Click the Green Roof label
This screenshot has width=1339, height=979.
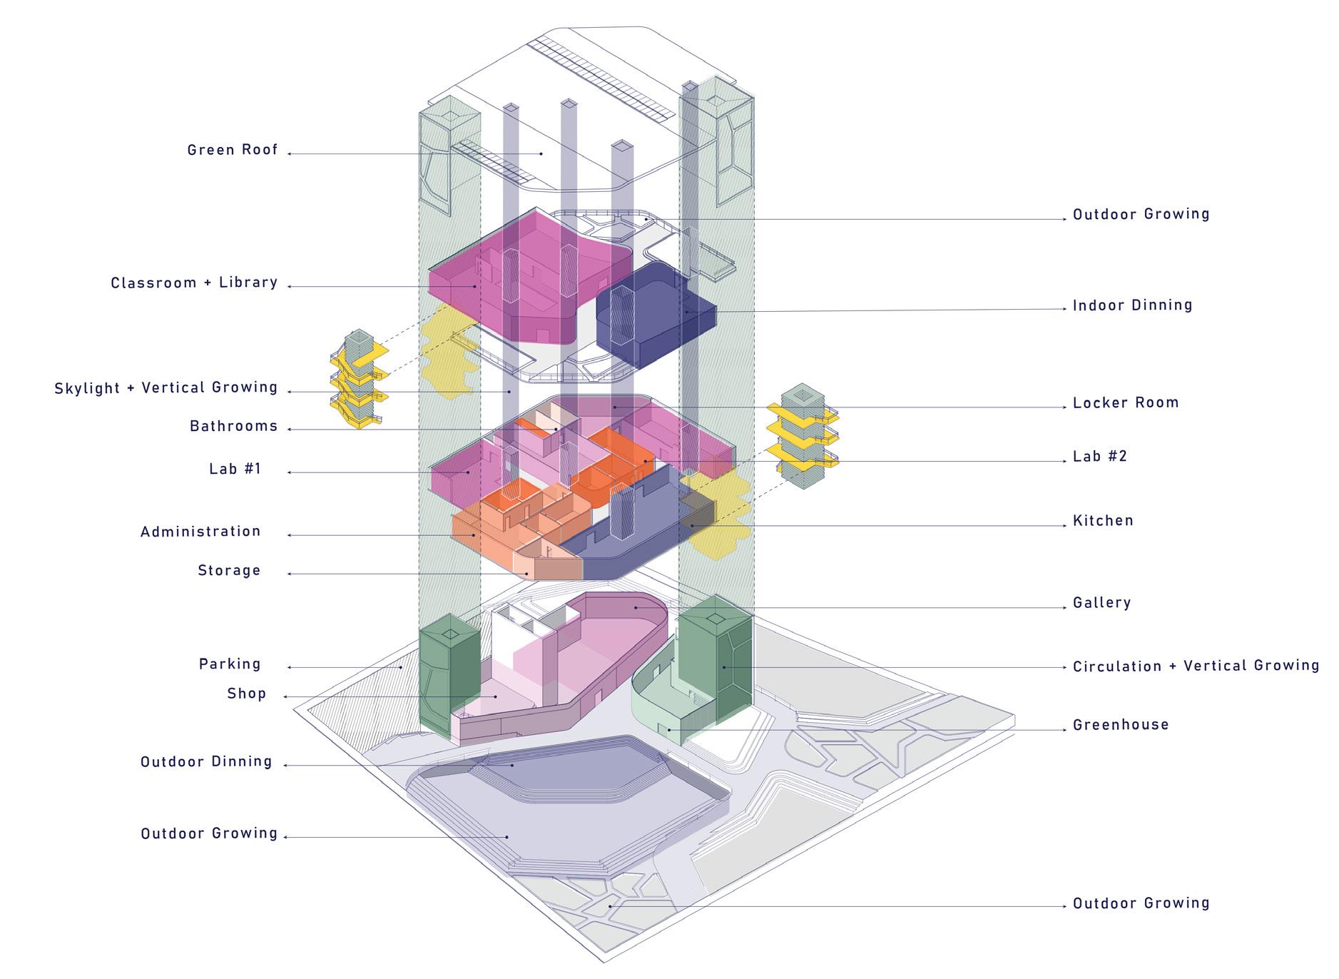[232, 151]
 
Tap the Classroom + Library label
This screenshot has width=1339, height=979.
[194, 283]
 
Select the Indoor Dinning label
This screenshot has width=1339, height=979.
[1132, 305]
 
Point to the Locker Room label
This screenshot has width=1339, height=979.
[1125, 402]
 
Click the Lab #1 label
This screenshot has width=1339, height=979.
[235, 469]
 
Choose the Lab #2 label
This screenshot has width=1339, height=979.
[1099, 457]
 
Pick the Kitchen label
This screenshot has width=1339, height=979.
[1103, 521]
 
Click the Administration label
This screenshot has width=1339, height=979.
[200, 532]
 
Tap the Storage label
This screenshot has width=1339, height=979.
[229, 571]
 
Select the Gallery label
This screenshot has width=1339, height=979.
[1101, 603]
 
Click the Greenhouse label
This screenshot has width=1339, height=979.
[1120, 725]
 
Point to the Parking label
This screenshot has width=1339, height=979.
[230, 664]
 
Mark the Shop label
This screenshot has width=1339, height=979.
[246, 694]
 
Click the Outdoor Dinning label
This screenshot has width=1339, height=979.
[206, 762]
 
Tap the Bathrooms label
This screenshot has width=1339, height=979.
[233, 427]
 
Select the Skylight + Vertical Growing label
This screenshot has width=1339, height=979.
[166, 388]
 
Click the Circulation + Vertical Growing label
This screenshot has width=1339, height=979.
[1196, 666]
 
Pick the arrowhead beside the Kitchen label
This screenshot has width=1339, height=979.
[1065, 526]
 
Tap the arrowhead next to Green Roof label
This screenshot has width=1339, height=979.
[290, 153]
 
